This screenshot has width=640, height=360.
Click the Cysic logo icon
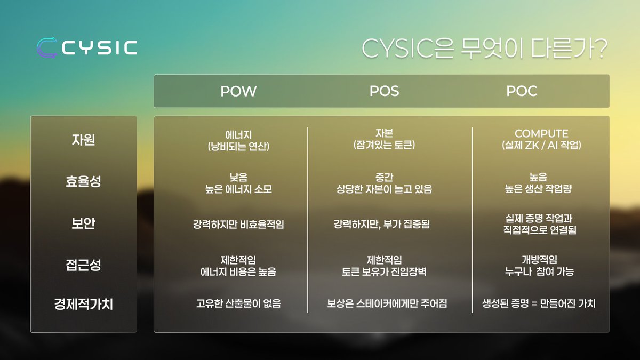click(x=47, y=47)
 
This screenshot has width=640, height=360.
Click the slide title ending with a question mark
click(x=484, y=49)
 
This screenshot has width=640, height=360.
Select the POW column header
click(x=238, y=91)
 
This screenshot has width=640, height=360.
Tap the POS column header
click(x=384, y=91)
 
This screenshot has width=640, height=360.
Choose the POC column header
click(x=522, y=91)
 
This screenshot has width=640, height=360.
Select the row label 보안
click(x=83, y=223)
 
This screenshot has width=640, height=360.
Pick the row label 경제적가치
click(x=84, y=305)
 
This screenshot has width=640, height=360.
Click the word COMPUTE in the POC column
click(x=541, y=133)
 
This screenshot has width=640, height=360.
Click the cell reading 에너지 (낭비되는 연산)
click(x=238, y=140)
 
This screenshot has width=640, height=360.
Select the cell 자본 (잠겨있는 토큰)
click(x=384, y=139)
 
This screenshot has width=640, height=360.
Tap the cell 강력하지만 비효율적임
click(x=238, y=224)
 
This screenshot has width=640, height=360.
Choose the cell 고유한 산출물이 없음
click(x=238, y=304)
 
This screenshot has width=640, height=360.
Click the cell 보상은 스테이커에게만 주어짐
click(x=387, y=304)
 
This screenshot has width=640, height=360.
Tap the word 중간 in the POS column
click(x=384, y=177)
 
